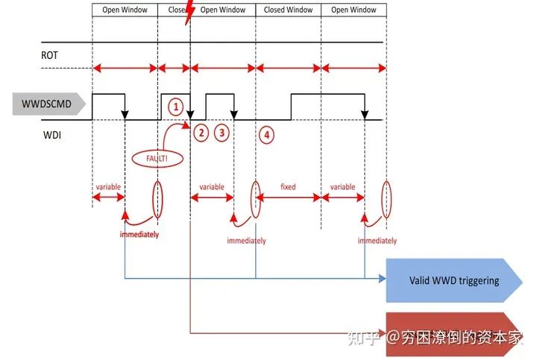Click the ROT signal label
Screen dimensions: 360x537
(49, 55)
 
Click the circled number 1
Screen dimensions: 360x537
(176, 107)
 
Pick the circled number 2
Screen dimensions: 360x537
(200, 133)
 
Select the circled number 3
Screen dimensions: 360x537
(222, 133)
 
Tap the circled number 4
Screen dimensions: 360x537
(266, 134)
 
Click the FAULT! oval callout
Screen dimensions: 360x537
(157, 158)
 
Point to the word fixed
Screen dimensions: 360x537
(288, 187)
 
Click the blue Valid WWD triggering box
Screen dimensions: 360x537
(453, 280)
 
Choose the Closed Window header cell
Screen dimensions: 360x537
(289, 10)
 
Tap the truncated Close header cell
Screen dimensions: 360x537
(175, 10)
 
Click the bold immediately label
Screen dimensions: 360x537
(139, 234)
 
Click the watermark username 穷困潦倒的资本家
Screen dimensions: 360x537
(463, 338)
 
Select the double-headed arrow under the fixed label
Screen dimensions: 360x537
(289, 198)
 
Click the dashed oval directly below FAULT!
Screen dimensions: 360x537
(157, 198)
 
